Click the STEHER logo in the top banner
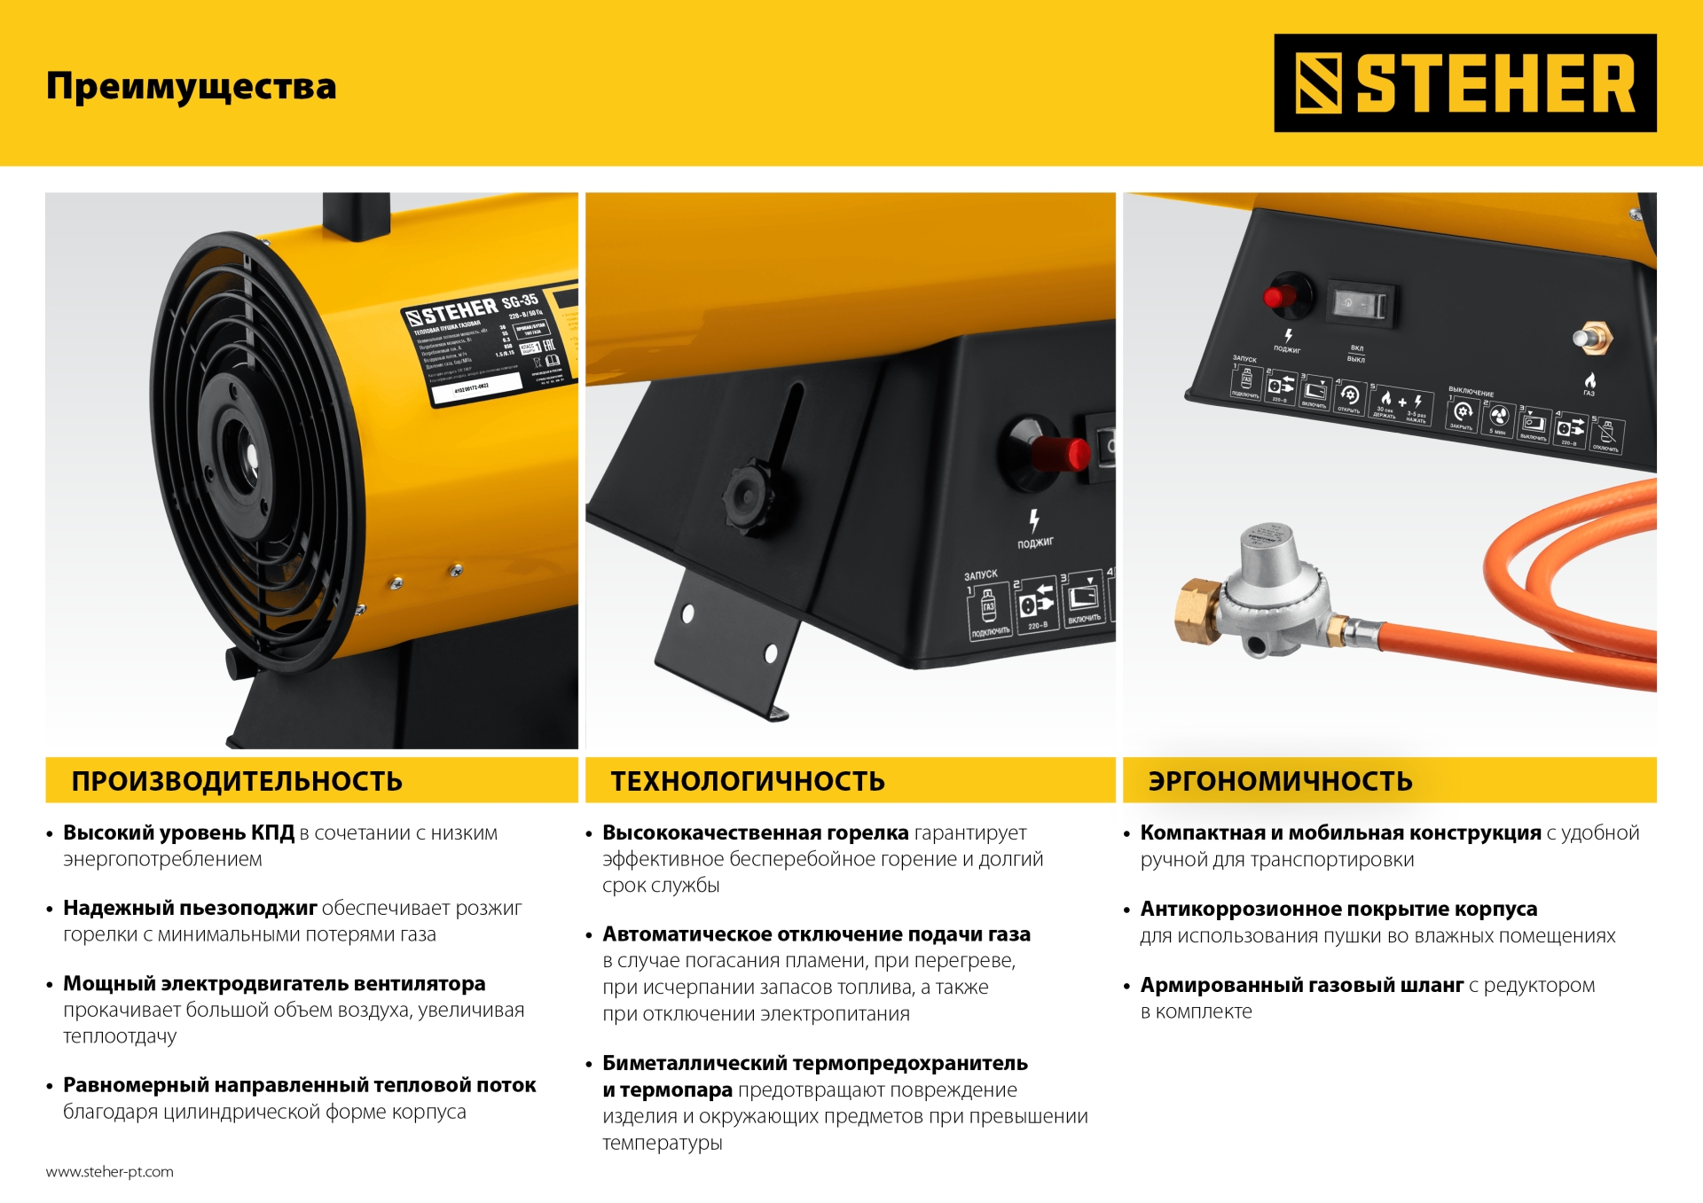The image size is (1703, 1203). click(x=1464, y=83)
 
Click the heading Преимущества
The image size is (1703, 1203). click(x=192, y=86)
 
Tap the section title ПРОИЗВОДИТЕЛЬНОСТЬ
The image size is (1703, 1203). click(x=237, y=781)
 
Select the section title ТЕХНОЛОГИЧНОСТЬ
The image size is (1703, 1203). click(x=748, y=781)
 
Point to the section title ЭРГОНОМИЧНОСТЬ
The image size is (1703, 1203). click(x=1280, y=781)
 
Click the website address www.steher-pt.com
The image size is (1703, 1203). click(x=110, y=1171)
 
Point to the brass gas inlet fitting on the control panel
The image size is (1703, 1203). click(x=1593, y=337)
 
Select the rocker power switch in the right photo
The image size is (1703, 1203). click(x=1362, y=304)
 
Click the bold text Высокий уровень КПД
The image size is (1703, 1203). click(x=178, y=832)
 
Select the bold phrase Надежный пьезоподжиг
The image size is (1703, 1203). click(x=190, y=908)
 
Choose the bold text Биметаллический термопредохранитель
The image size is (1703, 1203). click(x=814, y=1063)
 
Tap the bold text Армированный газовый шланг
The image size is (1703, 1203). click(x=1301, y=985)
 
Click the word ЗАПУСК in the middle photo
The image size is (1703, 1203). click(x=981, y=574)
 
